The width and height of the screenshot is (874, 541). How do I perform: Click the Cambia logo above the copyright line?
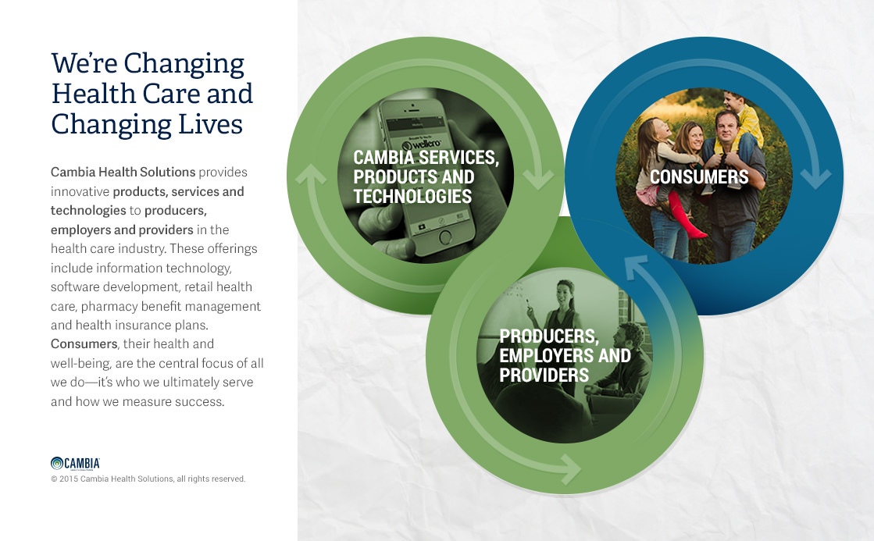coord(75,463)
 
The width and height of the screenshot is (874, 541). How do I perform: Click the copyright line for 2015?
coord(148,479)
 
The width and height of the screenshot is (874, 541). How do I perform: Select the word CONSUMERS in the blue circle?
coord(699,176)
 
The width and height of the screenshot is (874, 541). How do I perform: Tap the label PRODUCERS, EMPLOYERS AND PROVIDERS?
coord(565,355)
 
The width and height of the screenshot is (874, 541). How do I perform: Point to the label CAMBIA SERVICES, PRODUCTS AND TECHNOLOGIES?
coord(426,176)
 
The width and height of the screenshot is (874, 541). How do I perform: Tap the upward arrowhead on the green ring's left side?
coord(311,174)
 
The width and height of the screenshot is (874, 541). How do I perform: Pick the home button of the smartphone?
coord(445,237)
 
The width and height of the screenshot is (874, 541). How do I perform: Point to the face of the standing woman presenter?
coord(565,294)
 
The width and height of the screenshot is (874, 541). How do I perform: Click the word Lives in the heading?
coord(210,123)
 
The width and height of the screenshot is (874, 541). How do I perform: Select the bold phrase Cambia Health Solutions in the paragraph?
coord(123,173)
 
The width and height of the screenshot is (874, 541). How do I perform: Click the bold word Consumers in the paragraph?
coord(84,343)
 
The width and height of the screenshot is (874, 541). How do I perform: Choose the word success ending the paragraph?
coord(199,402)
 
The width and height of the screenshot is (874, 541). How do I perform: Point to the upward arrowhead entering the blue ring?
coord(636,266)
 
